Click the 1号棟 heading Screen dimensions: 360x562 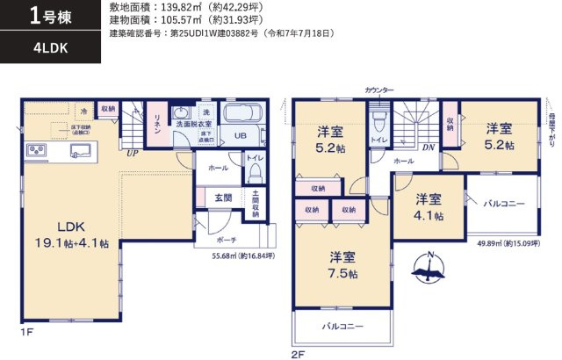point(49,15)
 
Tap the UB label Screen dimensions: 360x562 point(240,136)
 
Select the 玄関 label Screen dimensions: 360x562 point(224,198)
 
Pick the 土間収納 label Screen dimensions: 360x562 point(255,203)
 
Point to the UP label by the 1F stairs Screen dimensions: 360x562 point(133,153)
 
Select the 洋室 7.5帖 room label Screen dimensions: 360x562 point(342,265)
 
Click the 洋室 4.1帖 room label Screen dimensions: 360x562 point(429,206)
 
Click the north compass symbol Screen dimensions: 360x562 point(428,269)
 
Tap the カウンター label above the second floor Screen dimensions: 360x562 point(379,90)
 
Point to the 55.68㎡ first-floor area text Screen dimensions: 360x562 point(243,256)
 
